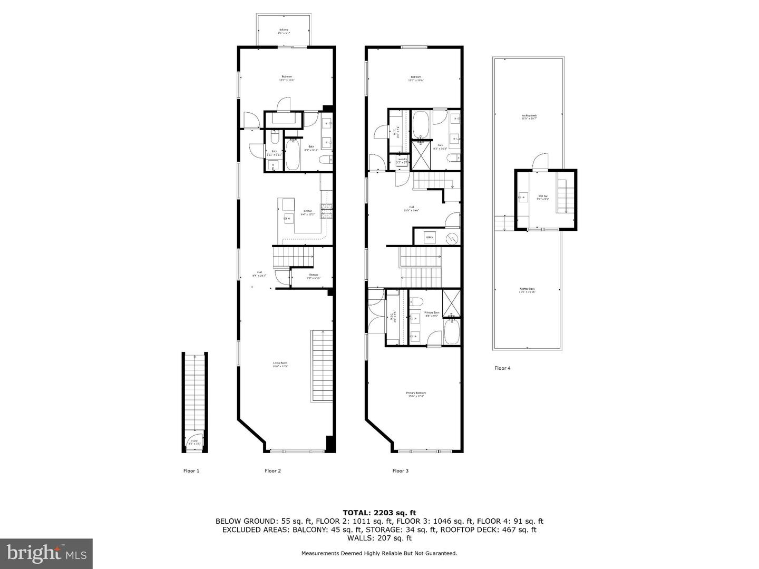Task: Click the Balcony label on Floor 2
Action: coord(284,31)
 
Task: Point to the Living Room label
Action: coord(280,364)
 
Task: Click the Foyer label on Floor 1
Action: coord(194,442)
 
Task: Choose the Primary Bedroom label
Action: coord(416,394)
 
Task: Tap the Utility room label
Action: coord(429,238)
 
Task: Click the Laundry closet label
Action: coord(402,160)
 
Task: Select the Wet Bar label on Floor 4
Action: coord(543,198)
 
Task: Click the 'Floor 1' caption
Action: coord(191,470)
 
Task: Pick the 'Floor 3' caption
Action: coord(401,470)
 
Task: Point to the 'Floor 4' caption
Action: coord(502,368)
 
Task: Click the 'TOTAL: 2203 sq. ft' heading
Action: coord(379,512)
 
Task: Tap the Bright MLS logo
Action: coord(46,553)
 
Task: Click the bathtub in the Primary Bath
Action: coord(452,333)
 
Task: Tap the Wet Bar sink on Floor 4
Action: coord(523,198)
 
